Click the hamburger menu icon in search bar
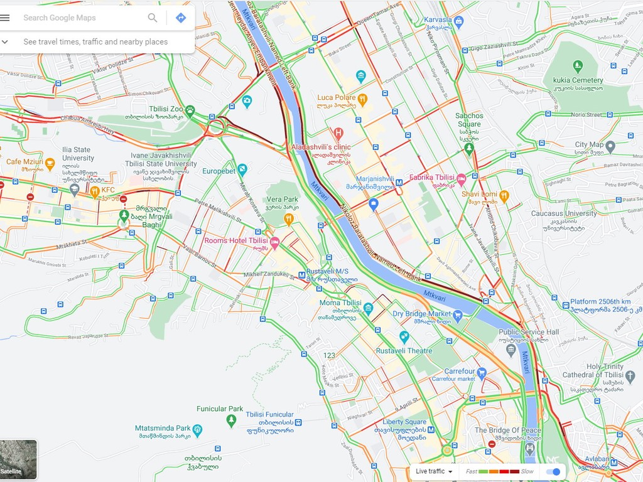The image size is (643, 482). [x=5, y=18]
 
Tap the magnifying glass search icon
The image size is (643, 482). [x=153, y=18]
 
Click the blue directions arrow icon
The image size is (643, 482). [x=181, y=18]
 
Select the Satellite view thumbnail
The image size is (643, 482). [x=18, y=459]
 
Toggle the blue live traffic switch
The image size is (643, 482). [x=553, y=471]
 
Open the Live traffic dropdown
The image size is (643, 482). [x=433, y=471]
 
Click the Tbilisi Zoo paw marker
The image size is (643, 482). [x=190, y=111]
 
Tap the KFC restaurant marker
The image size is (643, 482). [x=95, y=191]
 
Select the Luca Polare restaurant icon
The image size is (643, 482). [x=362, y=99]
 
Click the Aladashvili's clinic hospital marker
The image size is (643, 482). [x=338, y=133]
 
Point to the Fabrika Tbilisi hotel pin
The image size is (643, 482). [x=461, y=179]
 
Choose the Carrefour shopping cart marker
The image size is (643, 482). [x=482, y=373]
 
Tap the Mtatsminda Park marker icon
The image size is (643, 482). [x=198, y=430]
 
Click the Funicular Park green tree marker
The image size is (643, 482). [x=232, y=420]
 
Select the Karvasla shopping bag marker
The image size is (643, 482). [x=459, y=21]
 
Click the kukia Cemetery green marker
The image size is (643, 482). [x=578, y=65]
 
